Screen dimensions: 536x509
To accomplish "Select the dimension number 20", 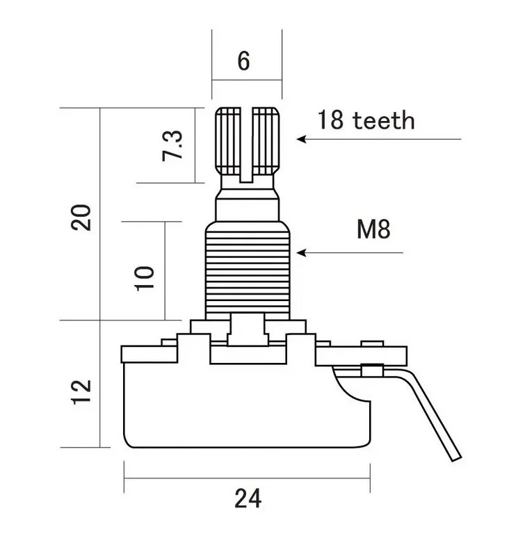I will [81, 218].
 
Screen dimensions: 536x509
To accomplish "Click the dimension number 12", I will [81, 394].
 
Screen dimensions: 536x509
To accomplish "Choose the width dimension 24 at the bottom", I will [248, 498].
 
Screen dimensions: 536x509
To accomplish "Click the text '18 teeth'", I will [366, 120].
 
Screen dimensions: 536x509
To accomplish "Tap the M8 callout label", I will [373, 230].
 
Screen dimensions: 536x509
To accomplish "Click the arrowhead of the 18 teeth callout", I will [302, 139].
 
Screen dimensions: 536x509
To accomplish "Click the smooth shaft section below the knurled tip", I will [247, 202].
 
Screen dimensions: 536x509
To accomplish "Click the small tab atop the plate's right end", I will [373, 343].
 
